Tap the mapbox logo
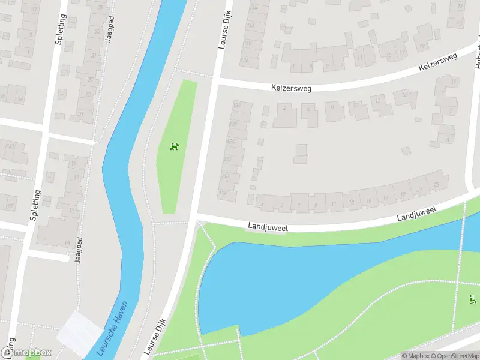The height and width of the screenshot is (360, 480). (26, 353)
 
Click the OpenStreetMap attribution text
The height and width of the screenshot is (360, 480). (455, 356)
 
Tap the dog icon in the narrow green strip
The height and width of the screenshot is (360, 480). (174, 146)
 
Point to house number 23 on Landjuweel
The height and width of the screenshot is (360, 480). (436, 184)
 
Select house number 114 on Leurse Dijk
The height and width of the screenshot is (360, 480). (223, 193)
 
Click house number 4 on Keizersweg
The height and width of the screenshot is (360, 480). (284, 109)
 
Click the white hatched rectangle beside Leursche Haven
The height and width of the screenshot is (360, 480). (79, 331)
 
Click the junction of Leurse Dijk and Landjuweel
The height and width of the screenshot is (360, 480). (196, 217)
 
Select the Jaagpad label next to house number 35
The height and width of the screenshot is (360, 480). (109, 28)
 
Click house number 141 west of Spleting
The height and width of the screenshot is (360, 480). (10, 146)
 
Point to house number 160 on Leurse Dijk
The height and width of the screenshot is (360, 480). (247, 43)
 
